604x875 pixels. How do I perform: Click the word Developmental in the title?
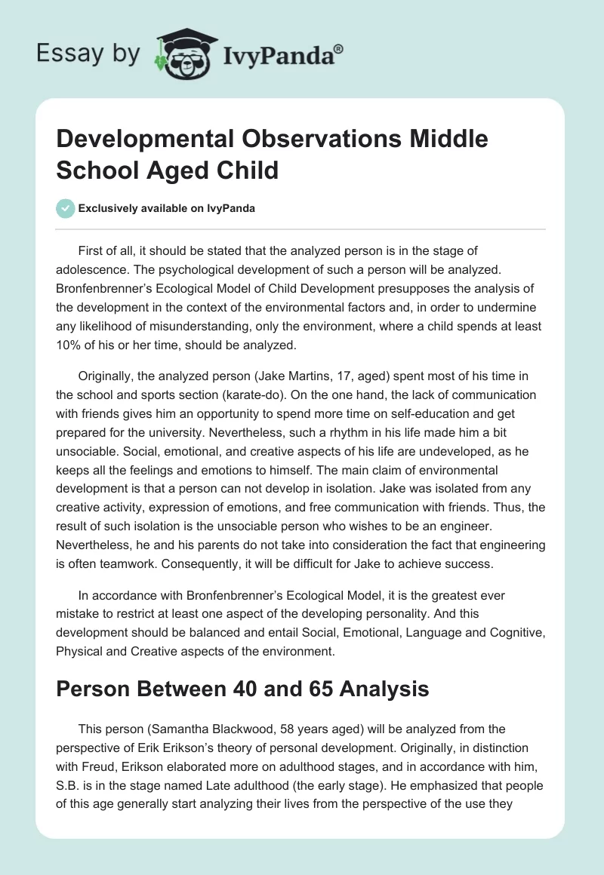138,140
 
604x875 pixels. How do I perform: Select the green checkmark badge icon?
66,209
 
